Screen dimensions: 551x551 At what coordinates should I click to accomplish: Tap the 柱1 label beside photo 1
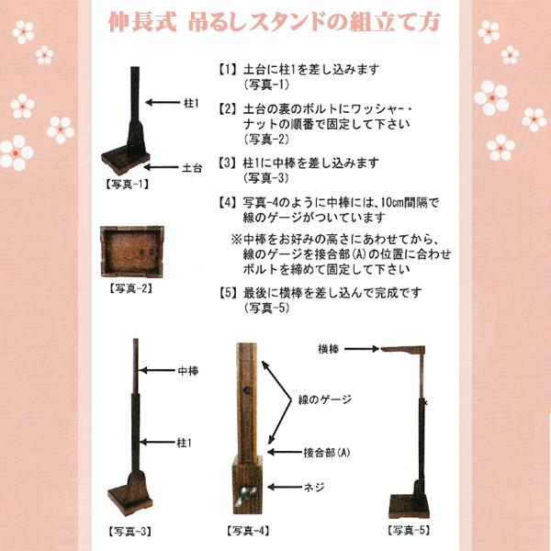(x=191, y=105)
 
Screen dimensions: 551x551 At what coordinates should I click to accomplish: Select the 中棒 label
(x=187, y=373)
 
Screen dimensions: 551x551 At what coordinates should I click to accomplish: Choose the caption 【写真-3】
(x=129, y=531)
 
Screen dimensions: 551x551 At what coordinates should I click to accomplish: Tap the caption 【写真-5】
(x=410, y=531)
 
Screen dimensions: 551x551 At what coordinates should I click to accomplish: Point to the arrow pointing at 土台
(x=162, y=168)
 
